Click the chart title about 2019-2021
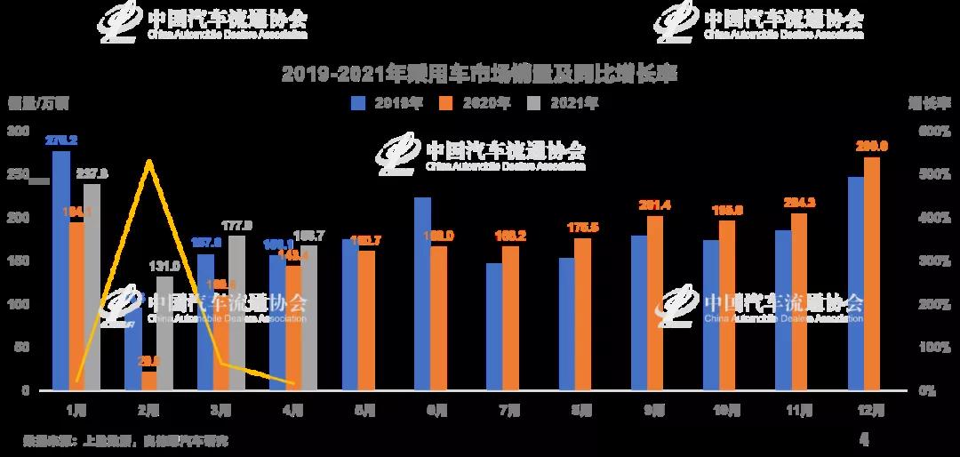(x=479, y=74)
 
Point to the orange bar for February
(x=148, y=381)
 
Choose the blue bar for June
(x=422, y=293)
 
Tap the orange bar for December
(x=872, y=274)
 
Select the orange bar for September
(x=654, y=302)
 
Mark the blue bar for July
(x=494, y=326)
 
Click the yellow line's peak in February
(x=149, y=161)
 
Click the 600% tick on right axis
(x=934, y=132)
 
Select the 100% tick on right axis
(x=934, y=348)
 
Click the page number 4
(x=864, y=438)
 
